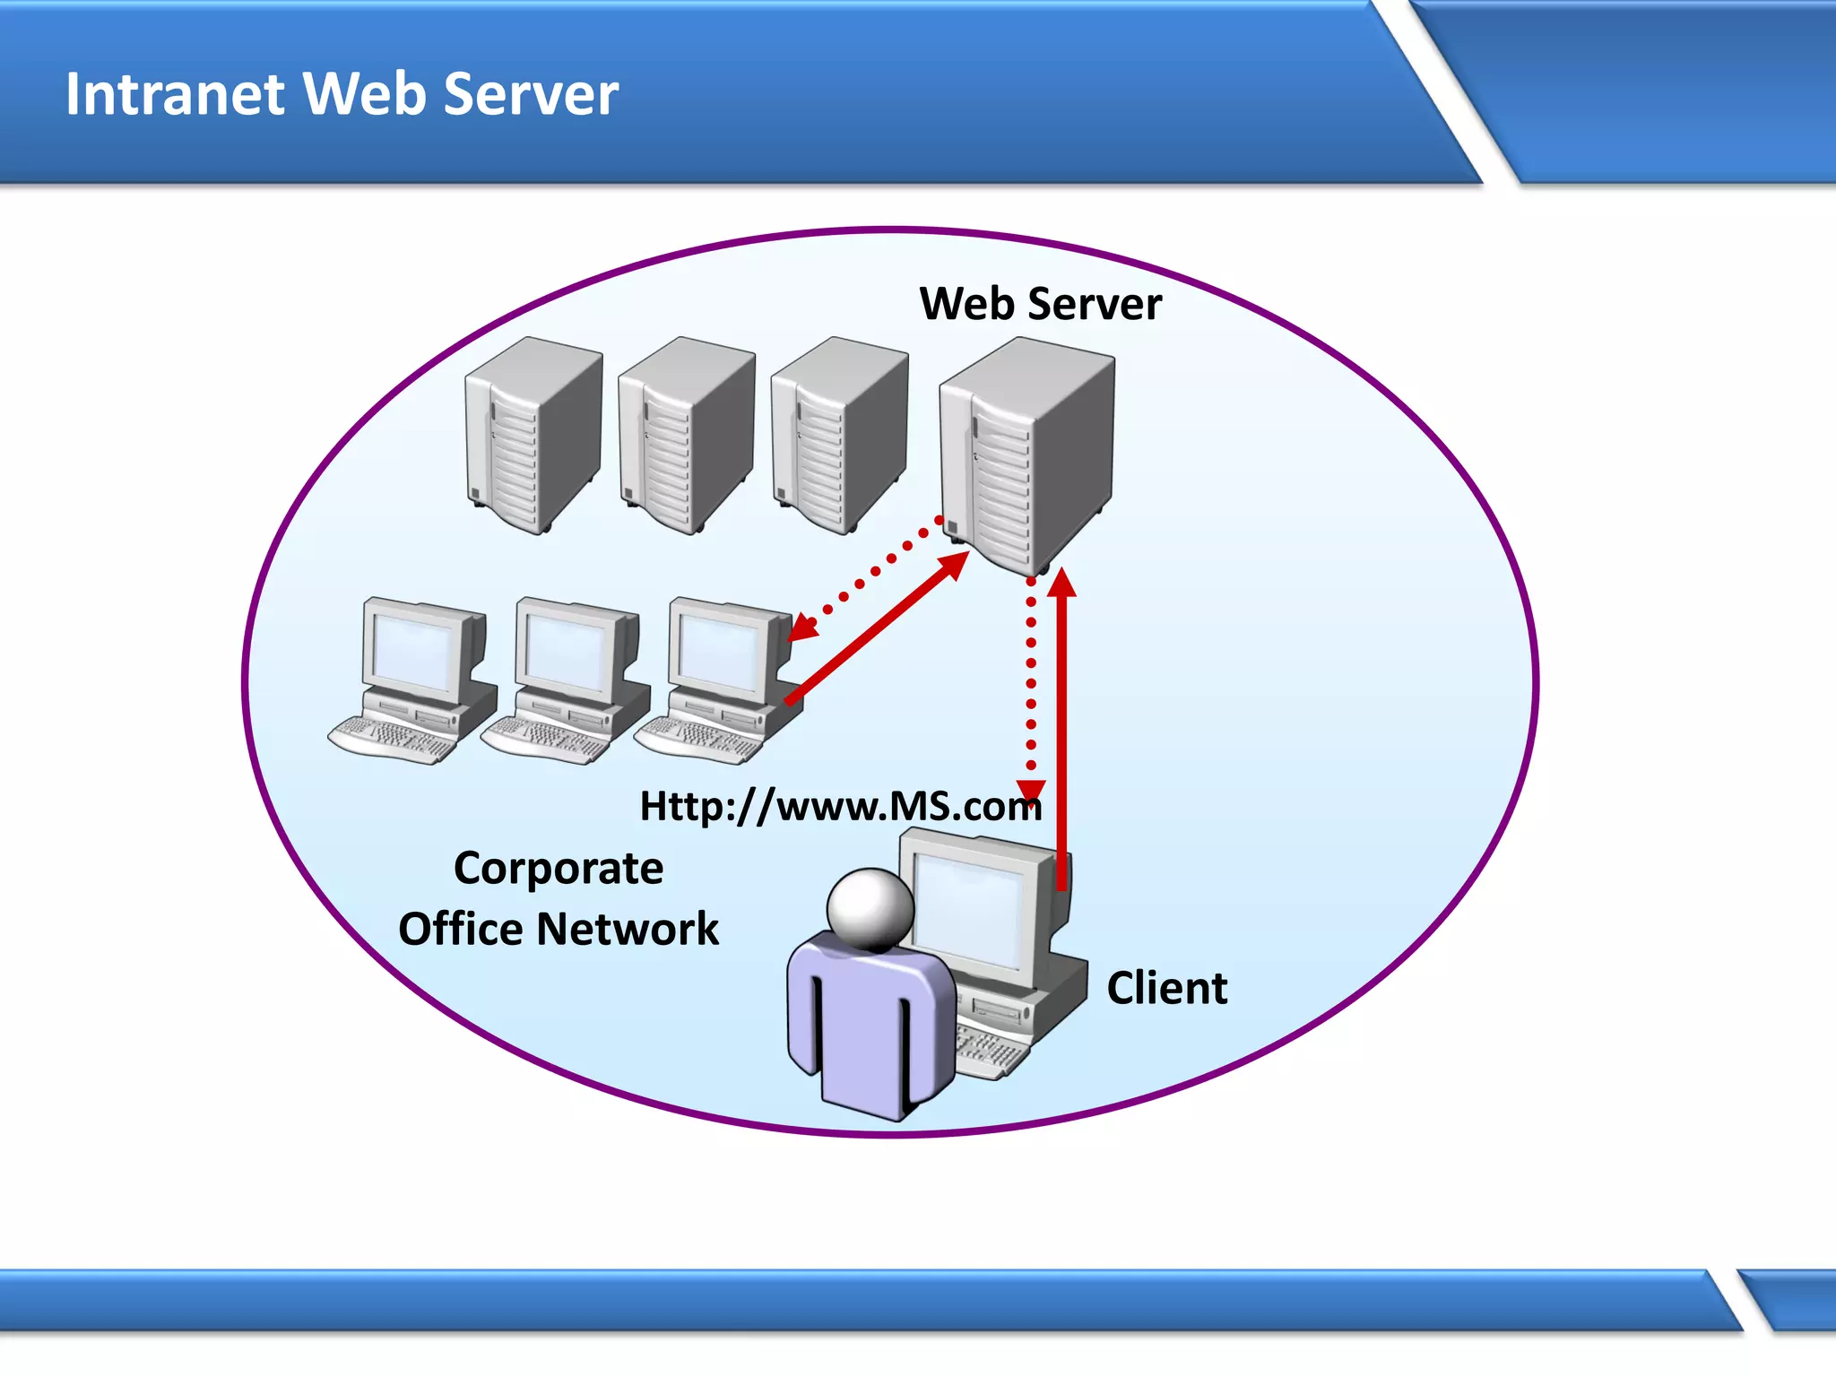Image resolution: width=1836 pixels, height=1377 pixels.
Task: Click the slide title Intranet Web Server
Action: pyautogui.click(x=342, y=93)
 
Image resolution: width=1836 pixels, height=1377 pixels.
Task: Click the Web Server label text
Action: pyautogui.click(x=1040, y=304)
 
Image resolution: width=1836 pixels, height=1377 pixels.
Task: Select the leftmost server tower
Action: pyautogui.click(x=533, y=435)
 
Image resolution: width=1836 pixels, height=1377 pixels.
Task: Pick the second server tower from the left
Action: pyautogui.click(x=686, y=435)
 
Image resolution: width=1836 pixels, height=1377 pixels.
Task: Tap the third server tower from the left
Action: pyautogui.click(x=838, y=435)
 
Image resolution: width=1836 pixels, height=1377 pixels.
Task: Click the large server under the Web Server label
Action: pyautogui.click(x=1026, y=453)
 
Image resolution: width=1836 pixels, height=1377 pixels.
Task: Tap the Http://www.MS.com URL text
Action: pyautogui.click(x=840, y=806)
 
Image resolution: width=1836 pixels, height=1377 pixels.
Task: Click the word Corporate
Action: pyautogui.click(x=559, y=869)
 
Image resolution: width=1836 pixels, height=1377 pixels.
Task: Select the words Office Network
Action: pyautogui.click(x=559, y=929)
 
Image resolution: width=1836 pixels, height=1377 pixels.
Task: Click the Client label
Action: pyautogui.click(x=1166, y=988)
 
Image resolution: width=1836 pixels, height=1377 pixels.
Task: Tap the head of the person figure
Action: pyautogui.click(x=870, y=908)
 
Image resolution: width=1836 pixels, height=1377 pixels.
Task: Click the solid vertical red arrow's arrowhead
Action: pyautogui.click(x=1061, y=583)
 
